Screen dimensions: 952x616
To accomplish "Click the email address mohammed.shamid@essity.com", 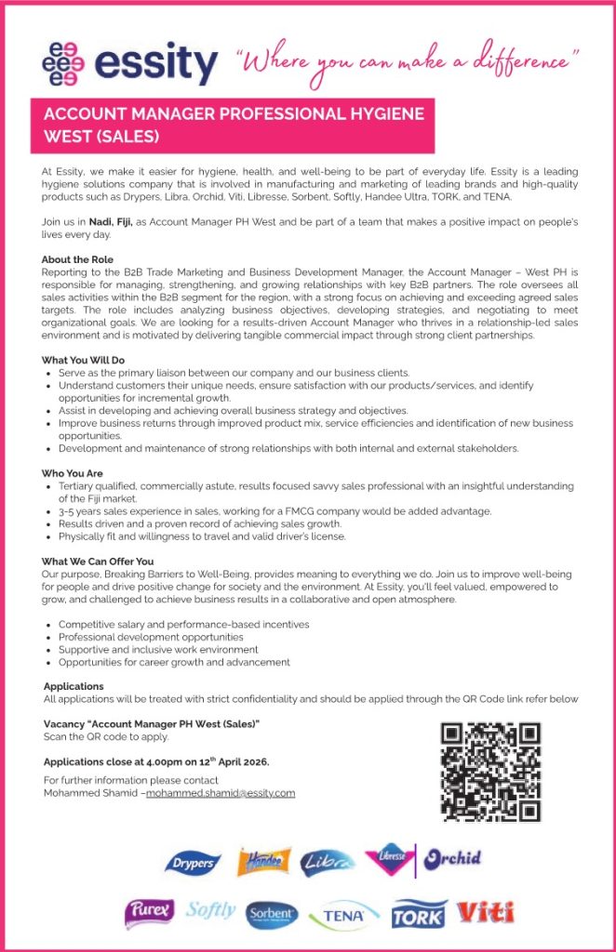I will click(221, 793).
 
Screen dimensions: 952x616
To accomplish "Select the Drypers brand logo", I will click(193, 863).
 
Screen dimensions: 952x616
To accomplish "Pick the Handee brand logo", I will click(264, 862).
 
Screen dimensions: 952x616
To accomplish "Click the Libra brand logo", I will click(327, 863).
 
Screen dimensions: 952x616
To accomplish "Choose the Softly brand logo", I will click(210, 911).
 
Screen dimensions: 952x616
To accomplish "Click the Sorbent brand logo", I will click(273, 915).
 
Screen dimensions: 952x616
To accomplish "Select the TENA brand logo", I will click(344, 916).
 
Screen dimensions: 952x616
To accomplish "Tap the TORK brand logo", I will click(419, 915).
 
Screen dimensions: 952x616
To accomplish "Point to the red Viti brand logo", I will click(485, 912).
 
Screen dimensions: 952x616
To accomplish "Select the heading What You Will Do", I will click(83, 360).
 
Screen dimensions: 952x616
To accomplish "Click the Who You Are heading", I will click(73, 473).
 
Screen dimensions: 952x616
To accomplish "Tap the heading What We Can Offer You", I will click(97, 562).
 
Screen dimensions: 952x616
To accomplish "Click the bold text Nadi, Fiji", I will click(112, 222).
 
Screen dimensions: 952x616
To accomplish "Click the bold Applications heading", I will click(74, 686).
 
